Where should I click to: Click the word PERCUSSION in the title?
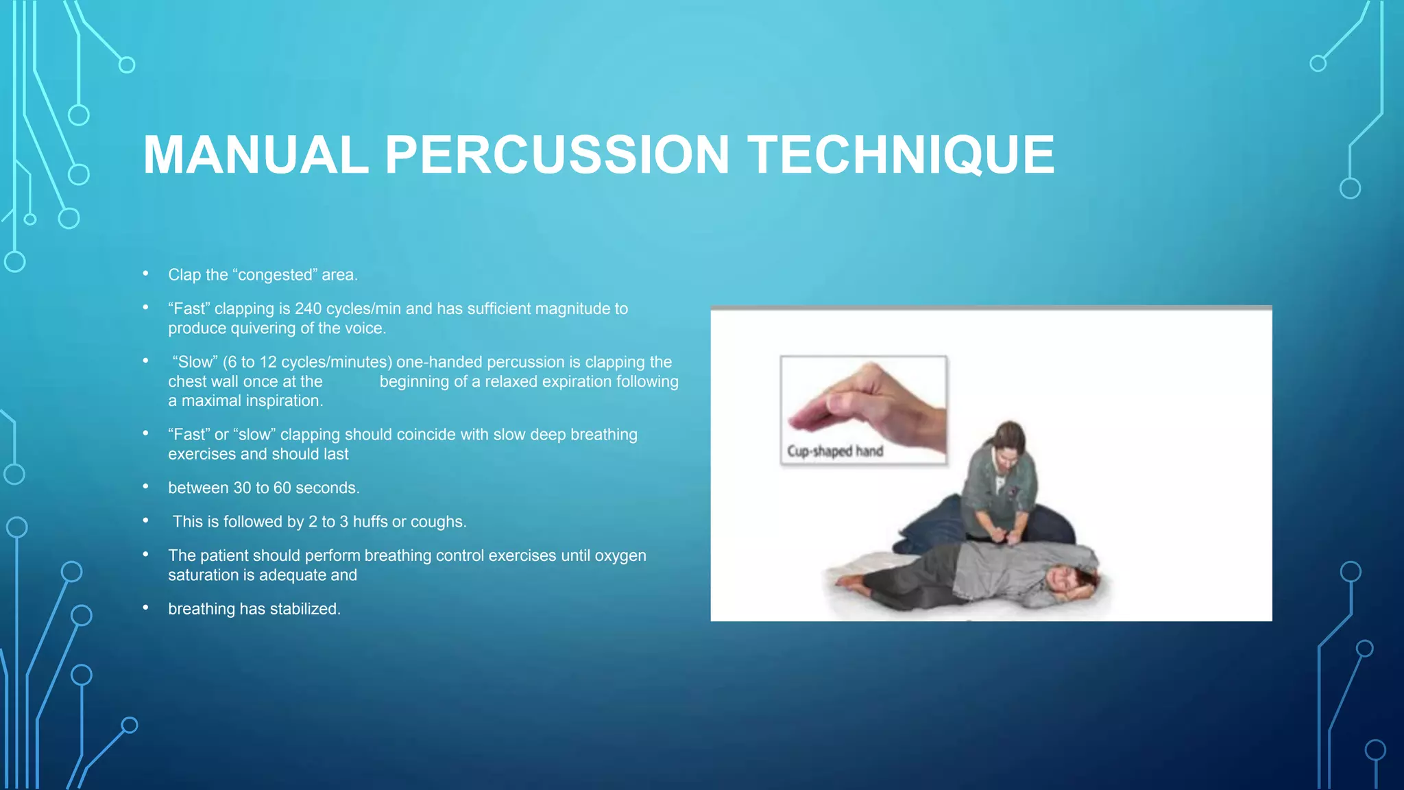[x=557, y=155]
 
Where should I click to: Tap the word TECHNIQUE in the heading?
[x=901, y=155]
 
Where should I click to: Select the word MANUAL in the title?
[x=256, y=155]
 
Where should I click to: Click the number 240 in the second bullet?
[x=308, y=309]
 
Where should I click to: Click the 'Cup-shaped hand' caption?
[x=835, y=451]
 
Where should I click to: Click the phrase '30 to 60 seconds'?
[x=295, y=488]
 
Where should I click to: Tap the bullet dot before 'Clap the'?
[x=146, y=274]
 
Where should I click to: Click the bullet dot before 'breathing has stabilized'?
[x=146, y=608]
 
